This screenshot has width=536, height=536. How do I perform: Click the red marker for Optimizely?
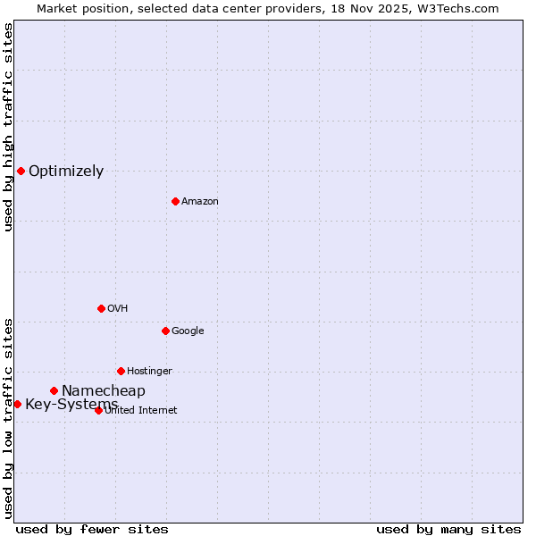coord(21,171)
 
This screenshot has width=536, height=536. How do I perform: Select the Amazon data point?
coord(175,201)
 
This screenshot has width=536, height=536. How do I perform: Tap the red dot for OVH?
coord(101,308)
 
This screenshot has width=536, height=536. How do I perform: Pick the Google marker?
coord(165,331)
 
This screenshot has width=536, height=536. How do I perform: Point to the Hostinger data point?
coord(121,371)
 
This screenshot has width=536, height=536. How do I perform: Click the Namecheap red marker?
coord(54,390)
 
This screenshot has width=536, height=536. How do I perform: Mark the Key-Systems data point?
coord(17,404)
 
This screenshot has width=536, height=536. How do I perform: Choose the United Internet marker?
coord(98,410)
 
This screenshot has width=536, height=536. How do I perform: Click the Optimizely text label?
coord(66,172)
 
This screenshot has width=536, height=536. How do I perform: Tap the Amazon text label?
coord(200,202)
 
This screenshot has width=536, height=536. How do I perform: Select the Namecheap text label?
coord(104,391)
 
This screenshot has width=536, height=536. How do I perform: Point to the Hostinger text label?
coord(149,372)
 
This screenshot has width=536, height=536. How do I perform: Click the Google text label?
coord(188,331)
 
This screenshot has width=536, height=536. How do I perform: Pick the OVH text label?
coord(118,309)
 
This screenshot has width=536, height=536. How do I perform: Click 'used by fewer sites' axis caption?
coord(92,529)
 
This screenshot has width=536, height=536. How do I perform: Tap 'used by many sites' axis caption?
coord(448,529)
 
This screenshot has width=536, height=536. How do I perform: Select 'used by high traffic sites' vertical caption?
coord(9,128)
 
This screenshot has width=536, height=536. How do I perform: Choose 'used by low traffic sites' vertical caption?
coord(9,417)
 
